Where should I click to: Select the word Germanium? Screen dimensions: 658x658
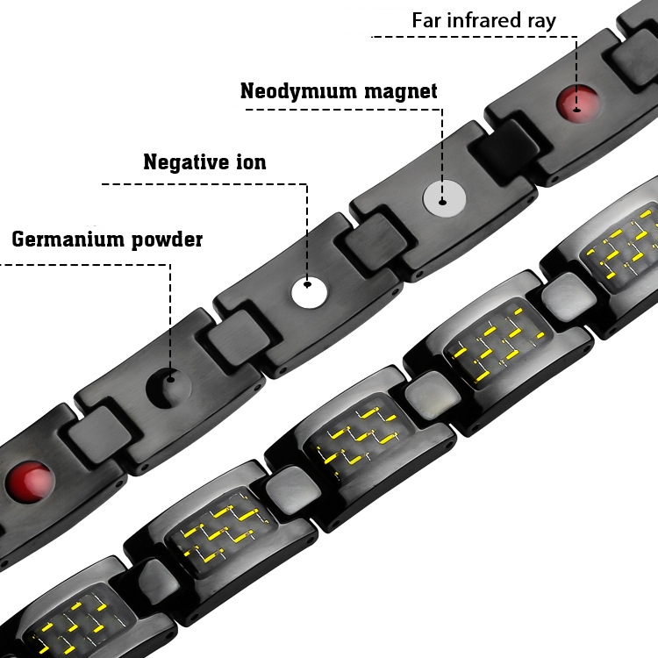(x=67, y=240)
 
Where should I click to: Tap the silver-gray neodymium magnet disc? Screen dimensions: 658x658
(x=442, y=199)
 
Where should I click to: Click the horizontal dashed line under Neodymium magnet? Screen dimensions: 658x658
(x=342, y=110)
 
